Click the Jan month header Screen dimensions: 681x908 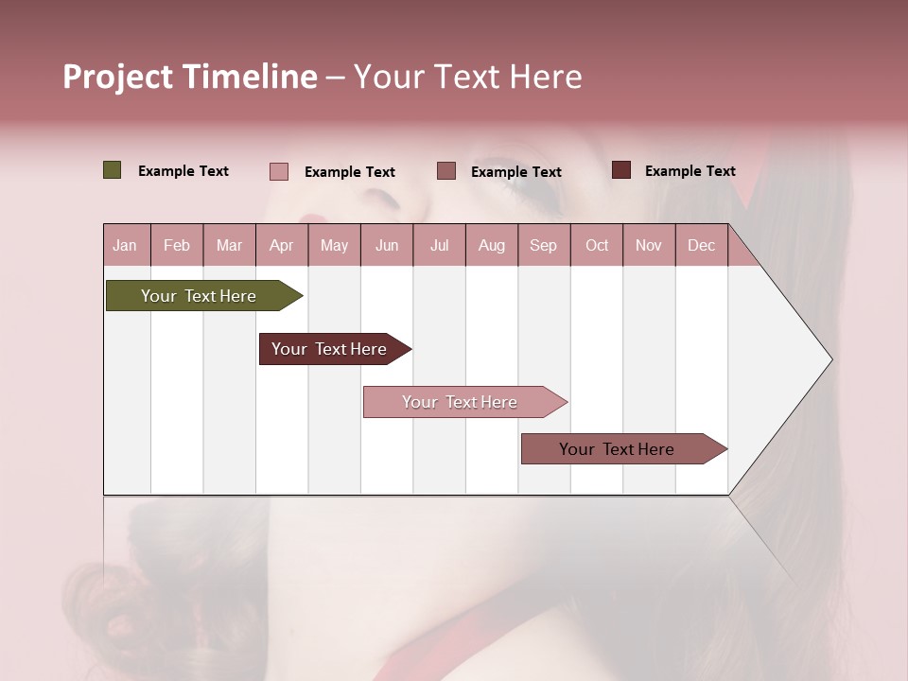pos(125,246)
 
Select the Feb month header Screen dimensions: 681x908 pos(177,246)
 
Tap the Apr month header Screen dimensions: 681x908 pos(281,246)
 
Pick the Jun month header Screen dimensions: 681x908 pos(387,246)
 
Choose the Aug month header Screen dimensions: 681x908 pos(491,246)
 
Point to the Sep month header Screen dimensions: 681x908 pos(543,246)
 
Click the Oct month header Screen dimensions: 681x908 pos(597,246)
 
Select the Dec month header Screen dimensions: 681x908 pos(701,246)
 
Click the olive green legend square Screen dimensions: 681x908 pos(112,170)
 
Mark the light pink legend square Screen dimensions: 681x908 pos(278,171)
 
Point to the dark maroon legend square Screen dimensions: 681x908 pos(620,170)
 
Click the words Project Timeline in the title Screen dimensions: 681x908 pos(190,77)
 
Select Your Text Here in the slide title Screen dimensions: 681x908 pos(467,77)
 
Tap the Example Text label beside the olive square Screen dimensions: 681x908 pos(183,171)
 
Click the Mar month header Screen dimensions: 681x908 pos(229,246)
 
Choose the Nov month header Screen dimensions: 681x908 pos(649,246)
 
